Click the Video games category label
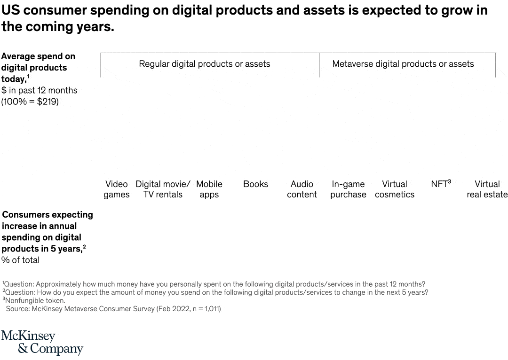(116, 189)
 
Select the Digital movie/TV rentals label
(163, 189)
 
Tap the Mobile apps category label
(209, 189)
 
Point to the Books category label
(255, 184)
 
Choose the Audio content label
(302, 189)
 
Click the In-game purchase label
(348, 189)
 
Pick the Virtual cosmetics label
(395, 189)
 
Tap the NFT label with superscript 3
(441, 184)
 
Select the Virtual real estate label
(487, 189)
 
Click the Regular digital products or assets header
(204, 64)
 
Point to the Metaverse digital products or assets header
(403, 64)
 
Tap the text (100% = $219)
(30, 102)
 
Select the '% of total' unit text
(21, 260)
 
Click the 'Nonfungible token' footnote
(35, 300)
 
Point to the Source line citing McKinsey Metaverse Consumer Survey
(113, 309)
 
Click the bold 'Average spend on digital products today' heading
(38, 67)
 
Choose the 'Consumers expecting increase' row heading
(47, 231)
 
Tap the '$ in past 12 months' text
(40, 90)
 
